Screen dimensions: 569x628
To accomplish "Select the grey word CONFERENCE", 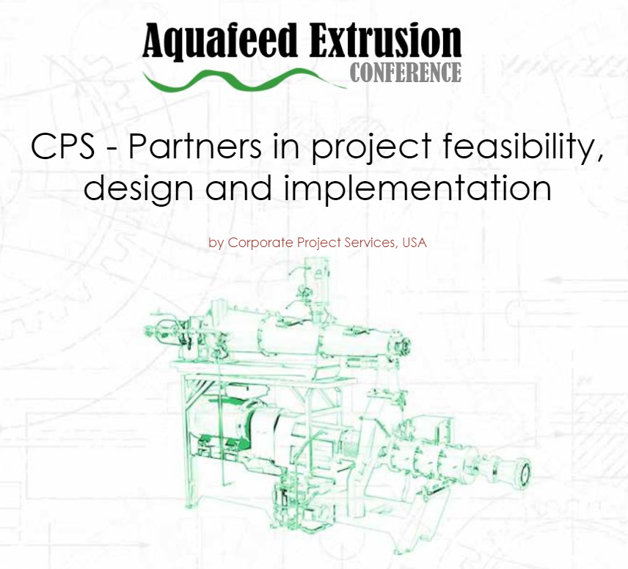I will point(406,73).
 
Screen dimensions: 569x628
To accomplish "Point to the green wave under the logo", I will point(242,79).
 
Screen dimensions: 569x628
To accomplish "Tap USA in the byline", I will point(414,243).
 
